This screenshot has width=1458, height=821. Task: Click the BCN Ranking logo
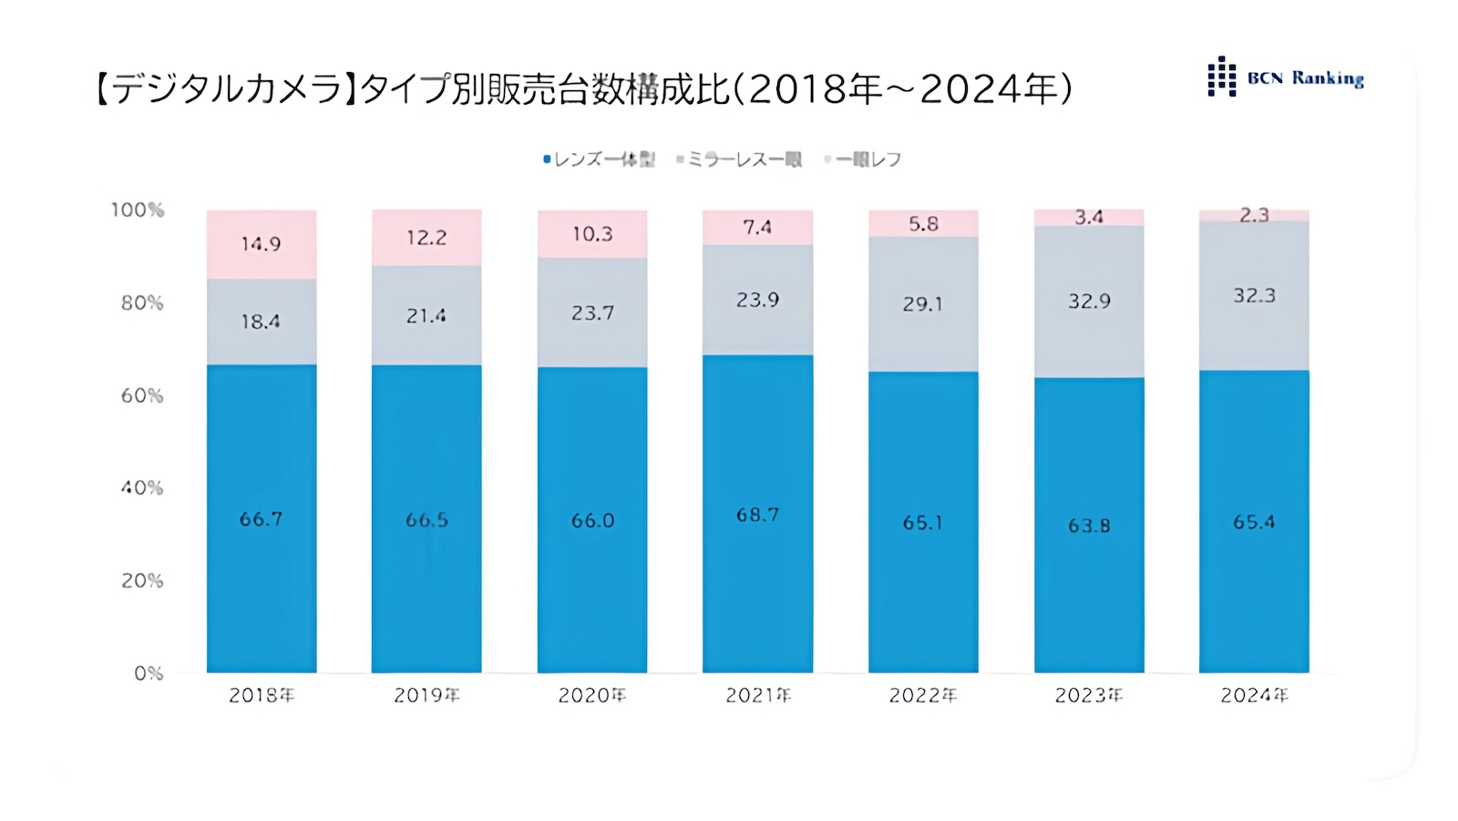pos(1285,77)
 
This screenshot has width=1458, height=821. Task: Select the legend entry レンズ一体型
pos(599,159)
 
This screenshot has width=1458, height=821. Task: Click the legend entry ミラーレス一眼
pos(739,159)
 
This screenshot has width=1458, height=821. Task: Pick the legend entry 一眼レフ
pos(863,159)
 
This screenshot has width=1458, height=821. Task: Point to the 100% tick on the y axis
pos(138,210)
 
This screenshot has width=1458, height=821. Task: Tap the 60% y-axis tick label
pos(142,395)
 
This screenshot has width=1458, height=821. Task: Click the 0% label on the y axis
pos(149,673)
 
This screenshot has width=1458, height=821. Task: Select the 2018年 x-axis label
pos(262,695)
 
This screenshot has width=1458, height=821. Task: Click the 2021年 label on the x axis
pos(758,695)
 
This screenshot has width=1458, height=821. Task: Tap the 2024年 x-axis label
pos(1255,695)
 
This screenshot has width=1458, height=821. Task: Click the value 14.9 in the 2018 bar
pos(261,244)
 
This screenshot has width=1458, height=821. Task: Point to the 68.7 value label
pos(758,516)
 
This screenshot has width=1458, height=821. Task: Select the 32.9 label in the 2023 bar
pos(1089,302)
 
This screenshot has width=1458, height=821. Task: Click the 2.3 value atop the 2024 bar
pos(1255,215)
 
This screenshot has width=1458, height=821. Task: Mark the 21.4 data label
pos(426,316)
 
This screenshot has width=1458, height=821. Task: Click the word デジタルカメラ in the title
pos(219,89)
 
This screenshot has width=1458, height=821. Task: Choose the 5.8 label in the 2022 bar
pos(923,224)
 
